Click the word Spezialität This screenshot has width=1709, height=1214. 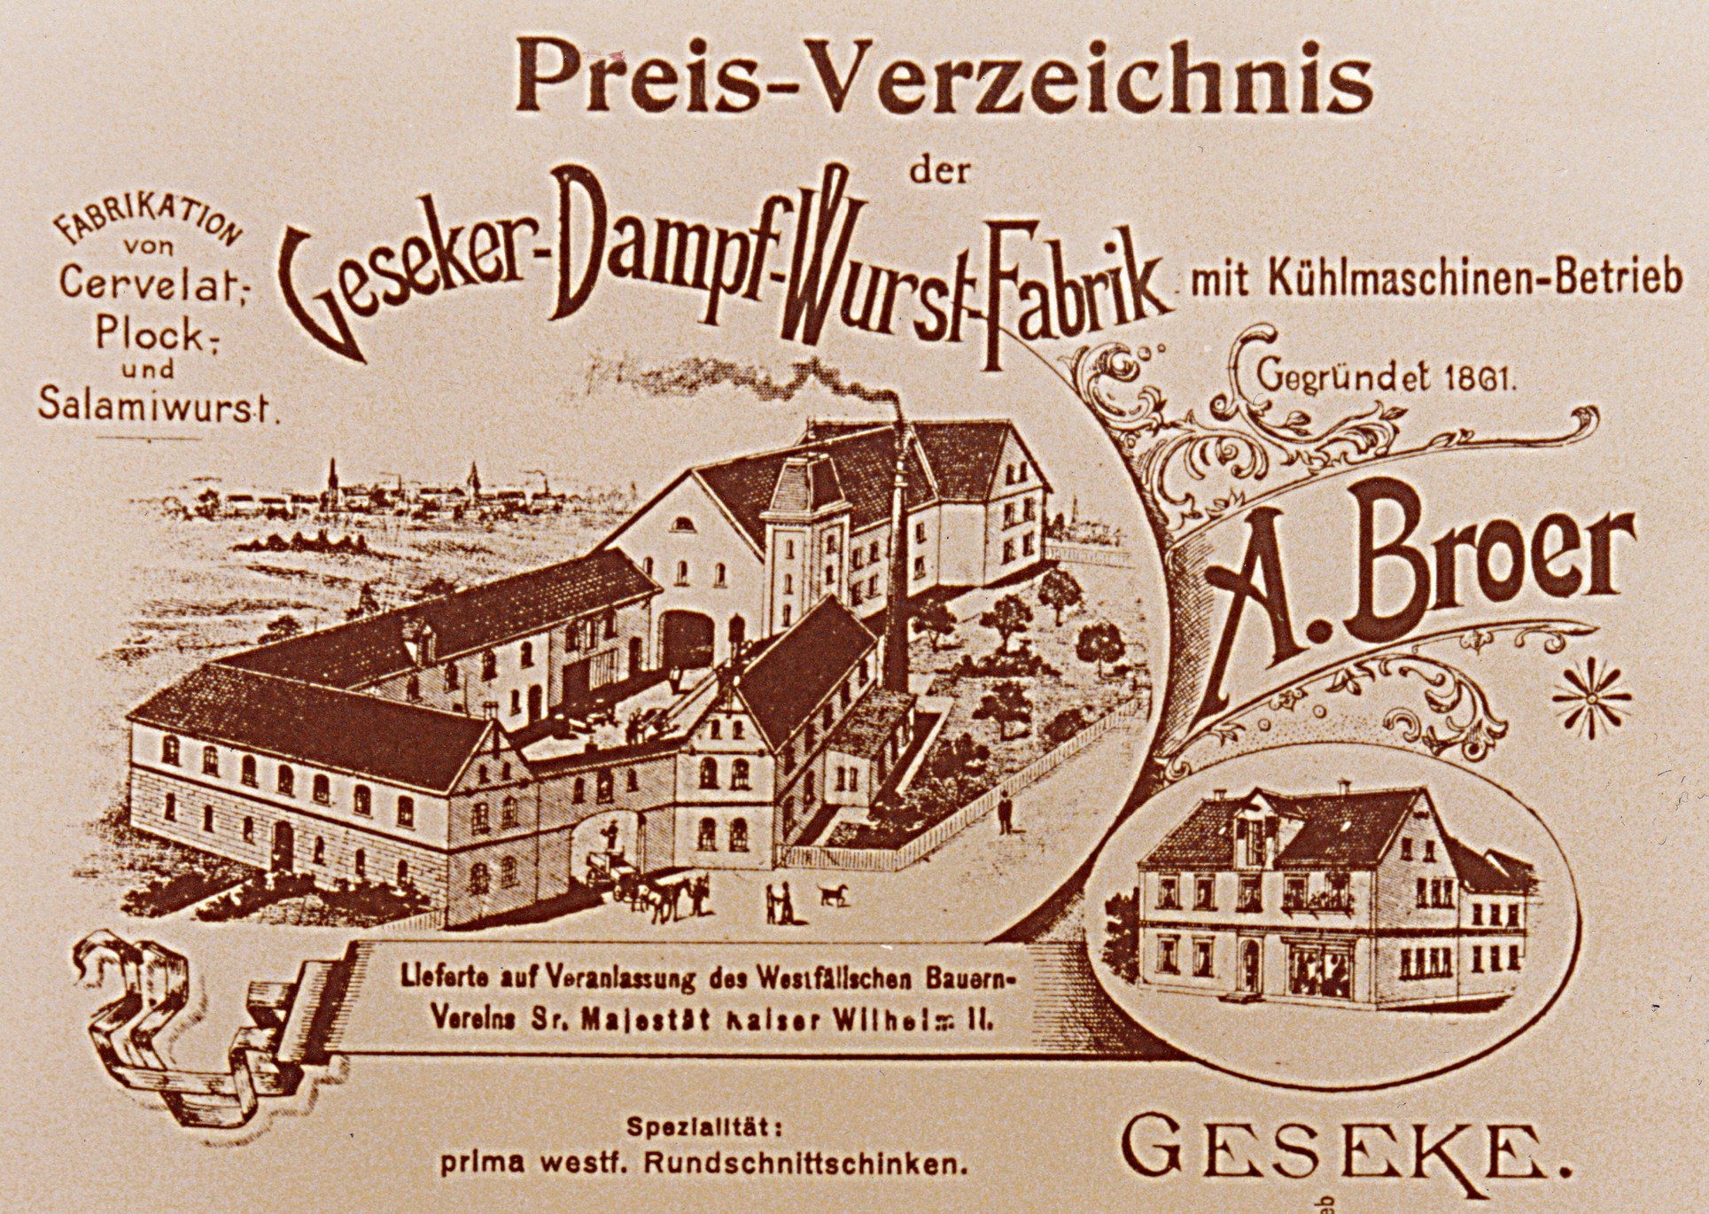coord(704,1129)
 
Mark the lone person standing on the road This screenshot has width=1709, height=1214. coord(1004,813)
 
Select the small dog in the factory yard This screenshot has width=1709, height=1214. coord(834,894)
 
